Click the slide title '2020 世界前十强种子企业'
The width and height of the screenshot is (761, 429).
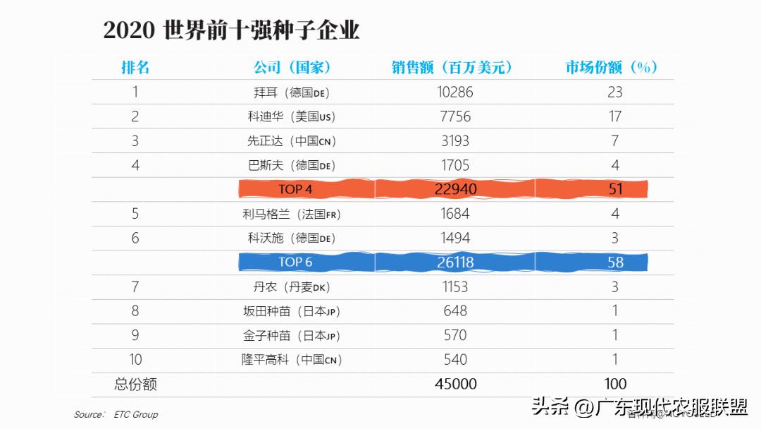coord(231,31)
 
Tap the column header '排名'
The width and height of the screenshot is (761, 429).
coord(135,68)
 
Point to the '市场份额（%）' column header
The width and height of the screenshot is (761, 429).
coord(612,68)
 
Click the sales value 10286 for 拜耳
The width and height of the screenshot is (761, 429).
coord(455,92)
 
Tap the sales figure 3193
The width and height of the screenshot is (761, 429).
coord(455,140)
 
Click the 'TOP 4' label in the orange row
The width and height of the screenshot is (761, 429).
coord(295,189)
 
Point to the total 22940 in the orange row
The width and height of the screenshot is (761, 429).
coord(456,189)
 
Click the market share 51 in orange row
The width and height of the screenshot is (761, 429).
coord(615,189)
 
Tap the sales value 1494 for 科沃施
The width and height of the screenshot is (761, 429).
coord(455,238)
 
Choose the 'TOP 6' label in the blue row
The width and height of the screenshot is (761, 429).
coord(295,262)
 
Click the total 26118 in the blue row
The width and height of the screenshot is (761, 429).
coord(456,262)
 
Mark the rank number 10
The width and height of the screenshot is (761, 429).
coord(135,360)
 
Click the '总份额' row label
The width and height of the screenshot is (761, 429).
coord(135,385)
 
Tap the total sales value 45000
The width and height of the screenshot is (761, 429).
coord(455,385)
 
